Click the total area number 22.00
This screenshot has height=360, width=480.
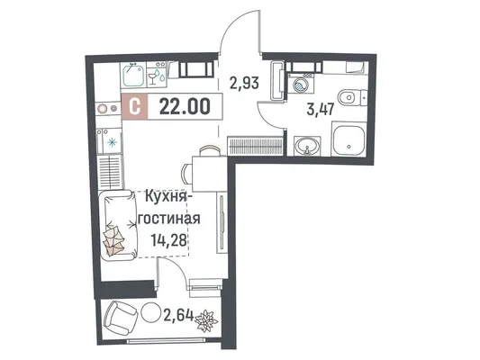click(185, 107)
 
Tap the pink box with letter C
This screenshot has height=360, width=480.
click(135, 106)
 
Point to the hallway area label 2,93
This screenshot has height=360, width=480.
click(245, 82)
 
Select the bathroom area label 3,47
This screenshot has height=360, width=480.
click(320, 109)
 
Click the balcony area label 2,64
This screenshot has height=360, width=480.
click(179, 315)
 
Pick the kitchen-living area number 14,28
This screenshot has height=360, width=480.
click(168, 239)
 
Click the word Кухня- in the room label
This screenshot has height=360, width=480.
click(166, 197)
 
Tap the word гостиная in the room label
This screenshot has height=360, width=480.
click(169, 219)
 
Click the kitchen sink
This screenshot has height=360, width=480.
click(133, 75)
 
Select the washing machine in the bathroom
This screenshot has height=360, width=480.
click(300, 83)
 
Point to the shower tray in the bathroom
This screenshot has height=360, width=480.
click(349, 139)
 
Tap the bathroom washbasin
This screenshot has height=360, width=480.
click(307, 146)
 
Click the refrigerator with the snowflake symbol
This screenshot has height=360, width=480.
click(109, 141)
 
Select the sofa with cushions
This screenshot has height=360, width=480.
click(118, 225)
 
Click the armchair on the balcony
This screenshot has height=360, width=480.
click(121, 319)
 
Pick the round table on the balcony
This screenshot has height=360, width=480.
click(151, 312)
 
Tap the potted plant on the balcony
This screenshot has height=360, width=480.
click(206, 320)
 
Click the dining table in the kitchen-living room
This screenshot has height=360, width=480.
click(210, 174)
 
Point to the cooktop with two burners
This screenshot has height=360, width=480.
click(107, 108)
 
